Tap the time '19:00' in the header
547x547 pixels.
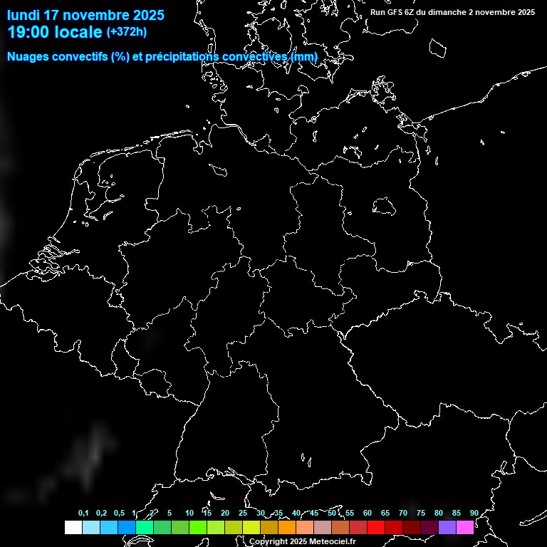28,32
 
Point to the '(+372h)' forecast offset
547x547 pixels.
127,32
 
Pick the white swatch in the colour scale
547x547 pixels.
73,527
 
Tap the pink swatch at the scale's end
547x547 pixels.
465,527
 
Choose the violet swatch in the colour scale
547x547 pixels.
447,527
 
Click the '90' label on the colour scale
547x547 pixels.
474,513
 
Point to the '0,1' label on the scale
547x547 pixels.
83,513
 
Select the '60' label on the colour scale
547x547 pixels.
367,513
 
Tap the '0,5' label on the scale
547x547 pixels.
119,513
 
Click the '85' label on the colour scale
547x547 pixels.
456,513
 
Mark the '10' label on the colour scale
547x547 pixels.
189,513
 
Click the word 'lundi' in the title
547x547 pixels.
24,15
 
